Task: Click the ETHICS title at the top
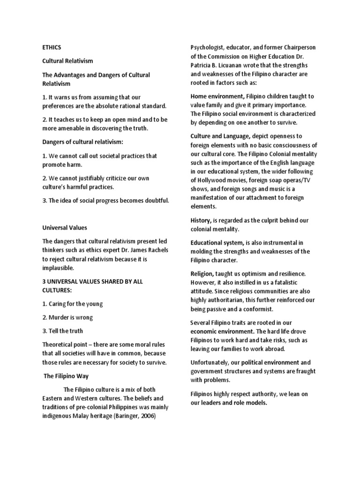click(52, 47)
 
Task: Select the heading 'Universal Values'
click(64, 227)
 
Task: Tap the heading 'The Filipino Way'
click(66, 376)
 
